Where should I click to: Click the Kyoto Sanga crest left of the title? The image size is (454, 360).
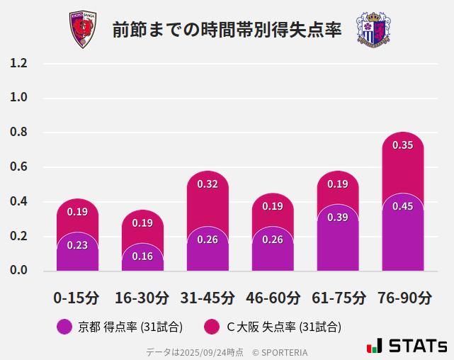[x=82, y=30]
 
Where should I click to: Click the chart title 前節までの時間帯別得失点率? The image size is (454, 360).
[x=227, y=30]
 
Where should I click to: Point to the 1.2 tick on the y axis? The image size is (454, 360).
[x=19, y=63]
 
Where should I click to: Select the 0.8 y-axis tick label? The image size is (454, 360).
[x=19, y=133]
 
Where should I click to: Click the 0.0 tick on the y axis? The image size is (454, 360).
[x=19, y=270]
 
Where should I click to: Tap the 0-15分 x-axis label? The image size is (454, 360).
[x=76, y=298]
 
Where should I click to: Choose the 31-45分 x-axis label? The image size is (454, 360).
[x=208, y=298]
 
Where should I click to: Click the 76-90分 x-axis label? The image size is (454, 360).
[x=403, y=298]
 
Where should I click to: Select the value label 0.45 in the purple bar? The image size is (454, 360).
[x=402, y=206]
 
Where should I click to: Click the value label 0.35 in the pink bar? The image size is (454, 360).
[x=402, y=145]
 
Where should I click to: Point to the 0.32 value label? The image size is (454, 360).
[x=208, y=184]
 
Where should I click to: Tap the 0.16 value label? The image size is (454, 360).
[x=142, y=256]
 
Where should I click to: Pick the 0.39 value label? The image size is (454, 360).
[x=338, y=218]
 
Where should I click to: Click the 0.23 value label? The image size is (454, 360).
[x=77, y=245]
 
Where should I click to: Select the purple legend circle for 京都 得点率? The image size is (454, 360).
[x=64, y=327]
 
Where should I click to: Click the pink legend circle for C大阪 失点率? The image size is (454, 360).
[x=211, y=327]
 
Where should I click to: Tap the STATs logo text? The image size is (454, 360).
[x=417, y=346]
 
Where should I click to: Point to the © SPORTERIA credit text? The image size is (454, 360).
[x=280, y=351]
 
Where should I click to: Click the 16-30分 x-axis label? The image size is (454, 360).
[x=142, y=298]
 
